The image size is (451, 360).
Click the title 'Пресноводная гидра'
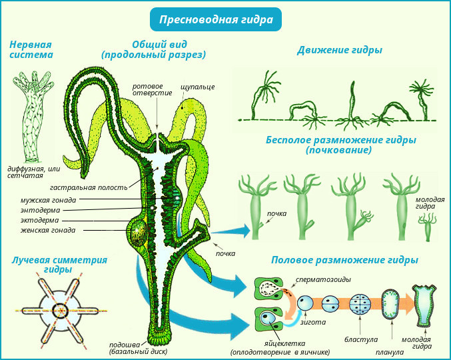(216, 20)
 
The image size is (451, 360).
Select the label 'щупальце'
(197, 87)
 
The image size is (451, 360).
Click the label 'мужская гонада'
(48, 199)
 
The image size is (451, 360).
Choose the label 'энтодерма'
(40, 209)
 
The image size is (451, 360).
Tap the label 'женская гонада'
(47, 230)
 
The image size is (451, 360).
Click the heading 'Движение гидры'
(340, 50)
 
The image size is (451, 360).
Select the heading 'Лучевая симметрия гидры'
(59, 264)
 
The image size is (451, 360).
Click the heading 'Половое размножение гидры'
(344, 259)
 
